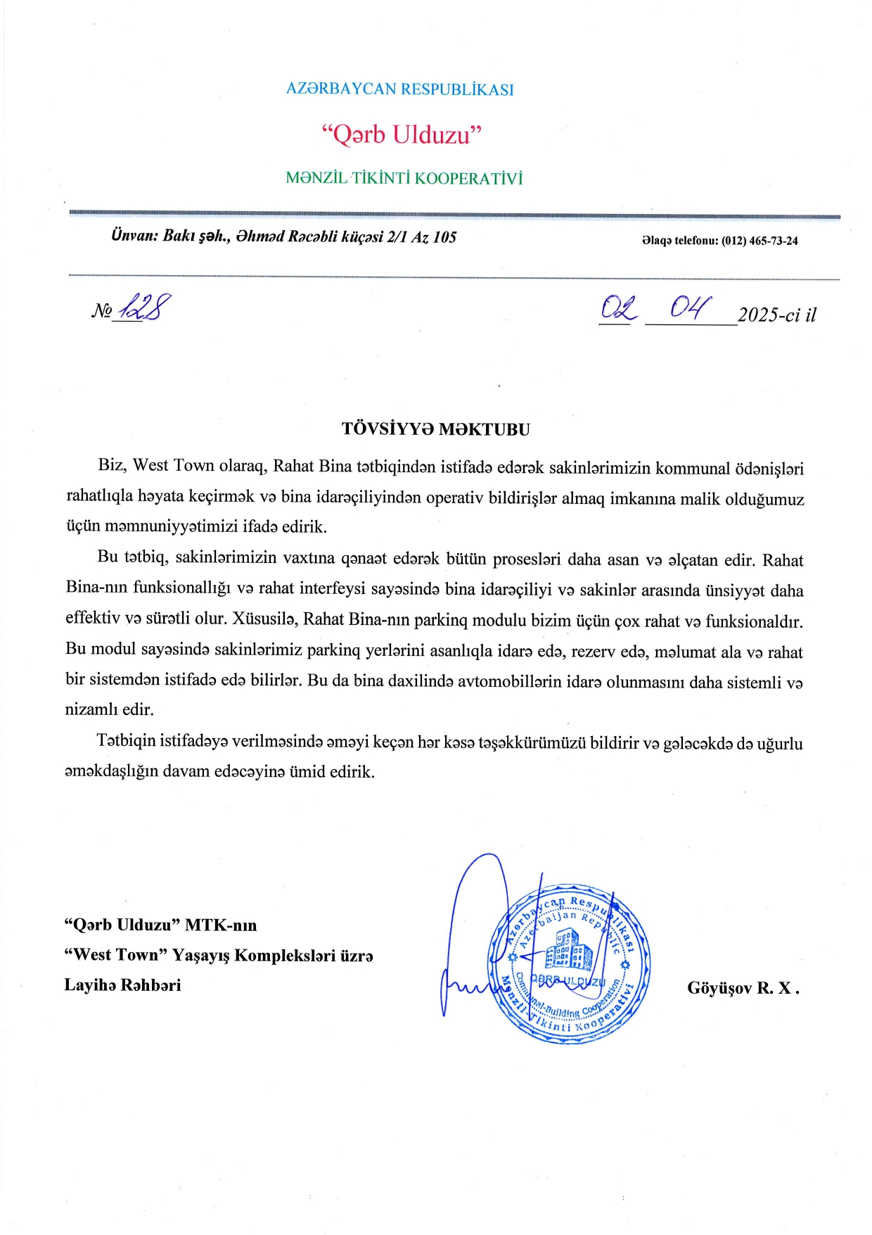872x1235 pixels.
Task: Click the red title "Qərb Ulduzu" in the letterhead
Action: [401, 134]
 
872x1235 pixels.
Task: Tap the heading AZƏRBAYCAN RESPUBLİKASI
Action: [399, 89]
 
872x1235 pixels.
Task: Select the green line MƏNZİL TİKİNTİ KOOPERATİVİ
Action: [404, 178]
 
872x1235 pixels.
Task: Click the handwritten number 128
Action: [146, 307]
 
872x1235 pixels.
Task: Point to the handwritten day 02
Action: [618, 308]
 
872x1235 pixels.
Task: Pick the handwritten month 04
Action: [689, 307]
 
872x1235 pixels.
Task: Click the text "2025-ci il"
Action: [776, 315]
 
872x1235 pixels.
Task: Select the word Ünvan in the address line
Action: [134, 236]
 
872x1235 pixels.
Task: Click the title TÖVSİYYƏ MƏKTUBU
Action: [436, 429]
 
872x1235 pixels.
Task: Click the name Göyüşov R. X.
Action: [743, 988]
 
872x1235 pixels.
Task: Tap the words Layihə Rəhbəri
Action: [122, 985]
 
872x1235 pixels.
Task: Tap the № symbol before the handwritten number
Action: [101, 311]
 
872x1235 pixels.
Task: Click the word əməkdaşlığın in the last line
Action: [112, 771]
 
